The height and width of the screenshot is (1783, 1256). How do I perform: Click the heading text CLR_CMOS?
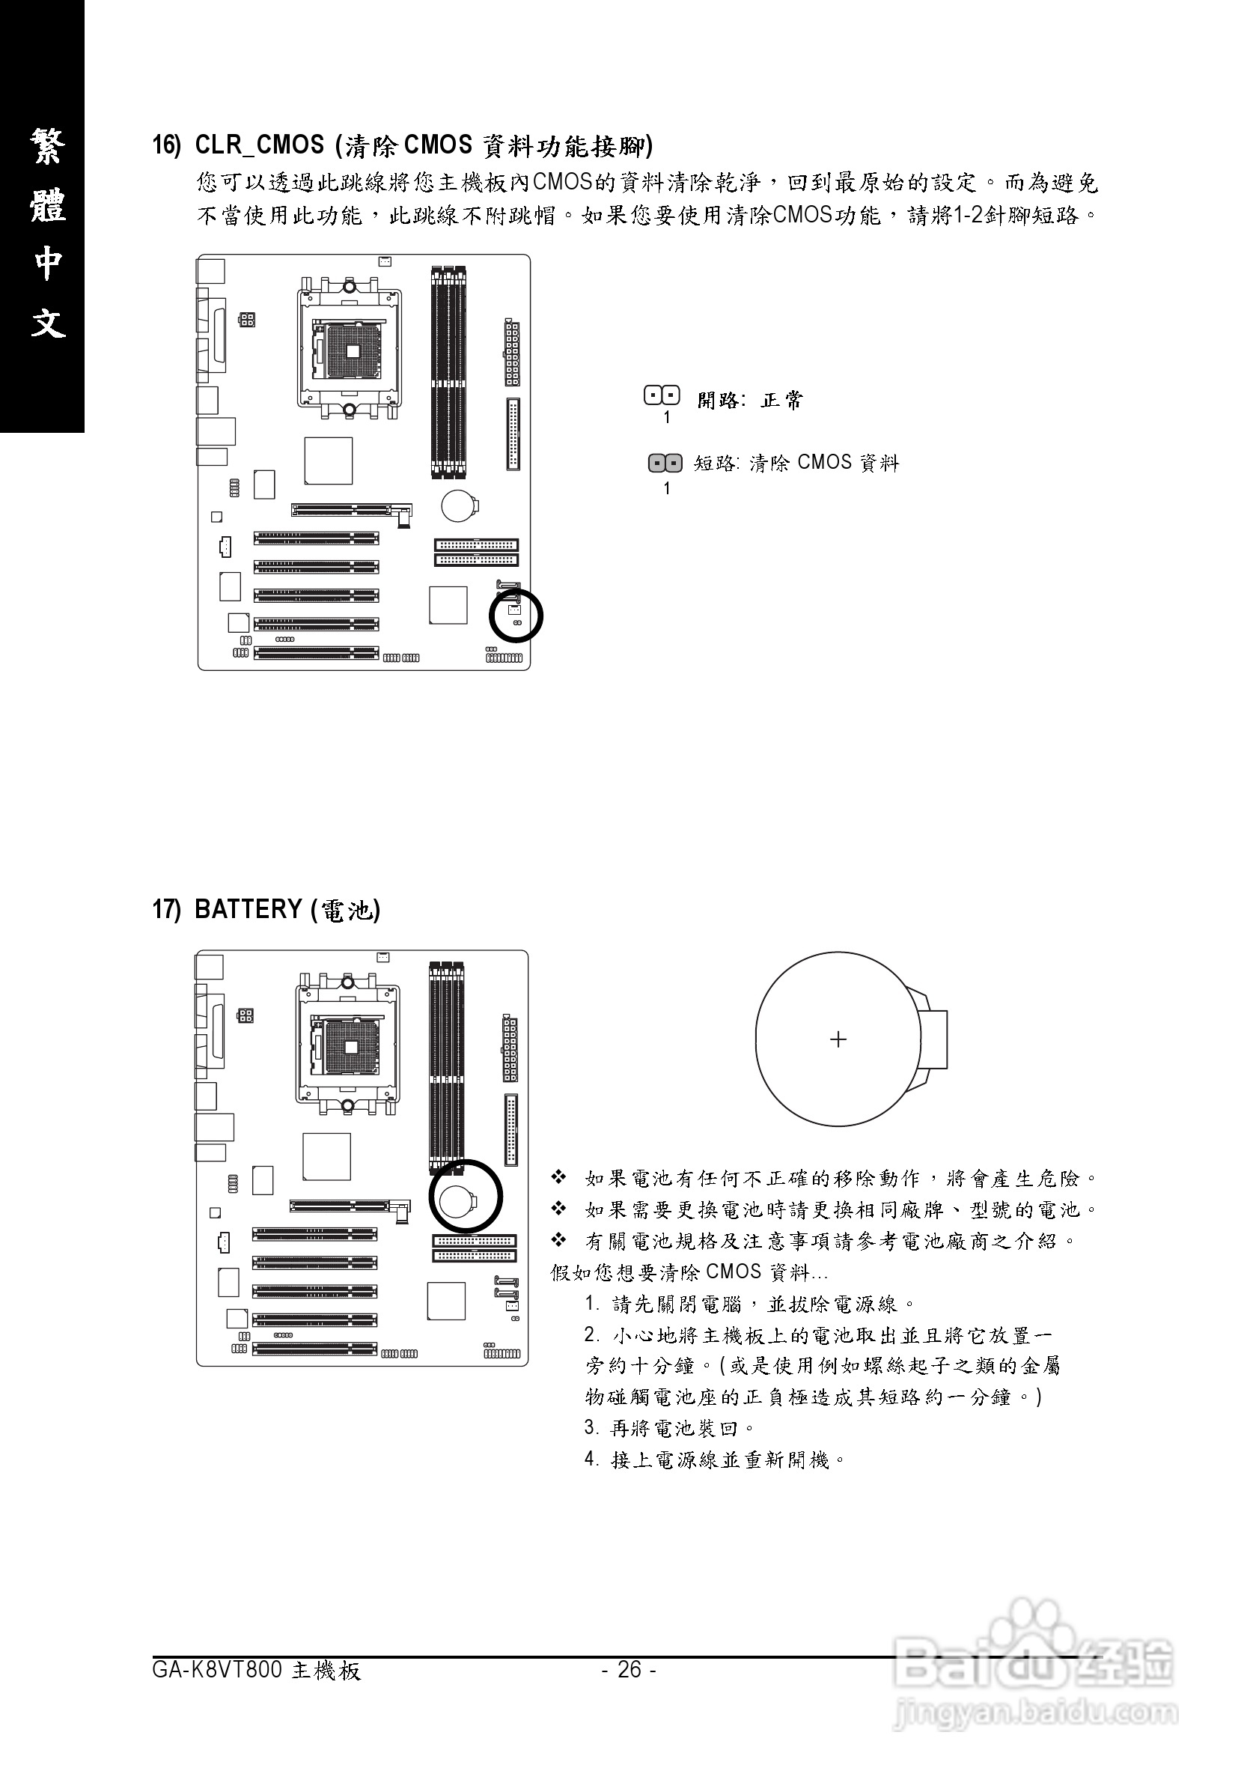point(259,145)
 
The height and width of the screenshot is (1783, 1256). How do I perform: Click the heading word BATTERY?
point(249,908)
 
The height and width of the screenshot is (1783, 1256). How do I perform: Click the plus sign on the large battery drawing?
point(838,1039)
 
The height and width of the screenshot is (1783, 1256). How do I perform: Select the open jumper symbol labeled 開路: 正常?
point(662,396)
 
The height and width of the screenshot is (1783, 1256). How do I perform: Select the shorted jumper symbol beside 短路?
point(665,464)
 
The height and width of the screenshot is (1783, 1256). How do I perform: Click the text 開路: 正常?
point(750,401)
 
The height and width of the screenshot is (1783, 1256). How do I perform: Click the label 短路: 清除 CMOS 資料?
point(796,464)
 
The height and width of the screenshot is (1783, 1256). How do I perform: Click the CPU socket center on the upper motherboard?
point(351,350)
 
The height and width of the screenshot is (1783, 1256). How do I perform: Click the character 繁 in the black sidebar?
point(47,145)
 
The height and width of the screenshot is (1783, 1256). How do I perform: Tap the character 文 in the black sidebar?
point(47,321)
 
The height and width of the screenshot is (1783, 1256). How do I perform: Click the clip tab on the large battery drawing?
point(935,1039)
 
